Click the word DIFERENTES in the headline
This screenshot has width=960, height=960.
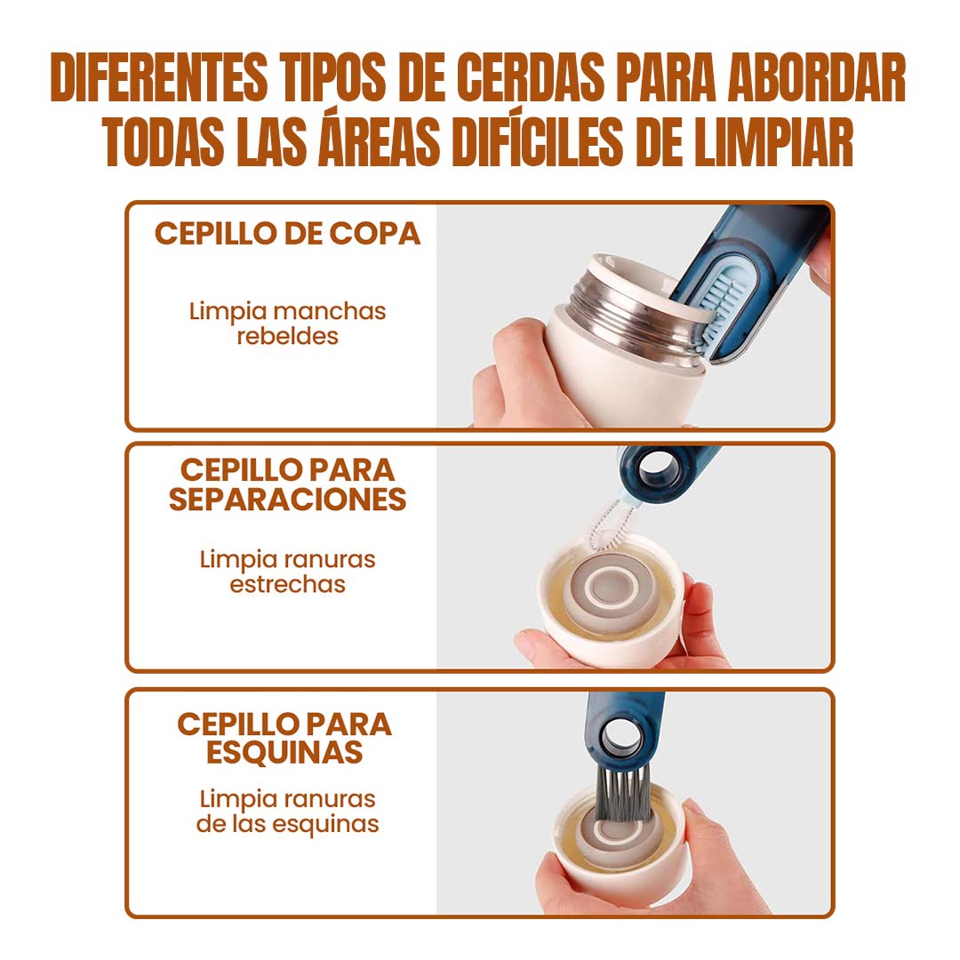coord(159,77)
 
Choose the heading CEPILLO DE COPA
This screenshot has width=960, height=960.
coord(287,233)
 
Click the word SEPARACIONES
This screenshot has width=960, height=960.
coord(287,499)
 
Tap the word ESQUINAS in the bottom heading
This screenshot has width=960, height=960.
coord(284,752)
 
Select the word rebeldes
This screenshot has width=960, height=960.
coord(287,336)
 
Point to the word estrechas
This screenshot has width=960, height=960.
coord(287,584)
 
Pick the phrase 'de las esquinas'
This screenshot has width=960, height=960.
coord(287,824)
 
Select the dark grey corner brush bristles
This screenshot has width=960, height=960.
coord(621,794)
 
